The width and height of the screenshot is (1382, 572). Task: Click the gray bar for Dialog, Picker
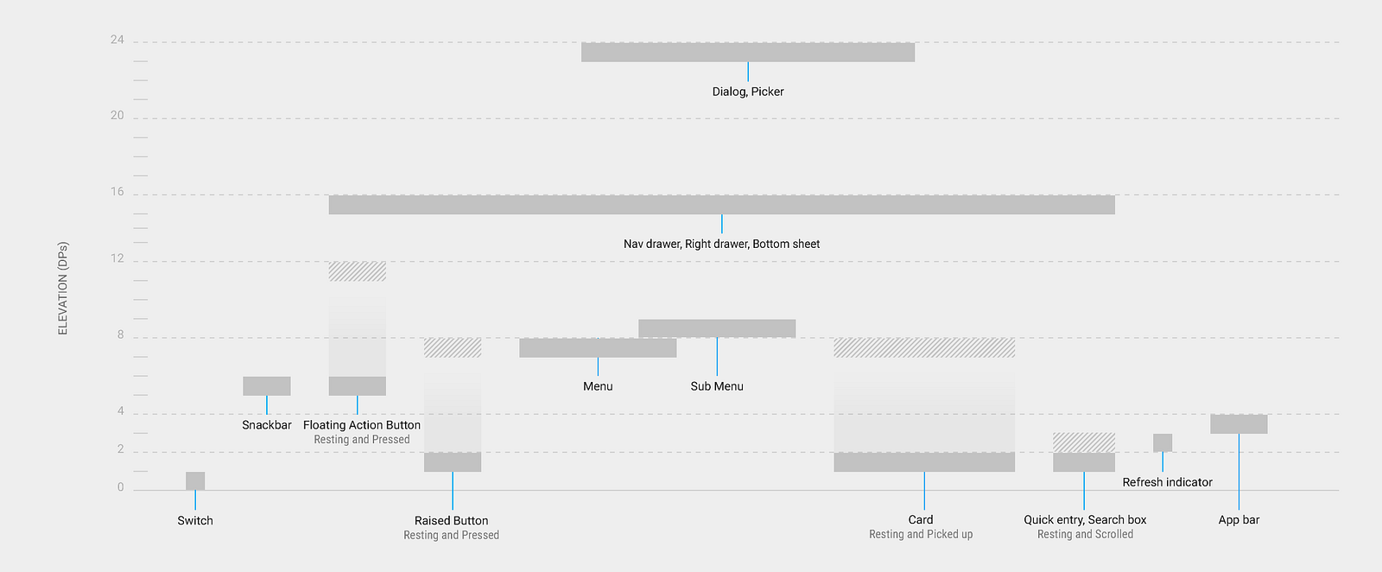[x=748, y=53]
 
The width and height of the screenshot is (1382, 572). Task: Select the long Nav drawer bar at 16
[x=722, y=205]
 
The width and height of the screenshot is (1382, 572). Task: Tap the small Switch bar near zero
[x=195, y=481]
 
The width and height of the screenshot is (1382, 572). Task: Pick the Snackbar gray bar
[x=267, y=385]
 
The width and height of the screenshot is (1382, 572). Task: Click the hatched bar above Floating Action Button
[x=358, y=271]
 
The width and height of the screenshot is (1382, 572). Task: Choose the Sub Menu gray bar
[x=717, y=328]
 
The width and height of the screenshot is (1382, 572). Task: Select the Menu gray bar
[x=598, y=348]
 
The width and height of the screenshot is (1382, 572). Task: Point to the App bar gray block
[x=1239, y=424]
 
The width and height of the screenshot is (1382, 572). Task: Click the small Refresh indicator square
[x=1163, y=443]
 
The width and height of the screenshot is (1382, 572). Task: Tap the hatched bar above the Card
[x=924, y=348]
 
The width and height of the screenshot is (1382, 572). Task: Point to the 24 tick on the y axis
[x=117, y=40]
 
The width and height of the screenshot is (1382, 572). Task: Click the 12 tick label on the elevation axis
[x=117, y=258]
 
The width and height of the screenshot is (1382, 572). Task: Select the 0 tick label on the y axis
[x=120, y=487]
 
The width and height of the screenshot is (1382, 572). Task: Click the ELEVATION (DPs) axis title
[x=62, y=288]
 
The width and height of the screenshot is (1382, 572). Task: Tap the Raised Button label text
[x=451, y=521]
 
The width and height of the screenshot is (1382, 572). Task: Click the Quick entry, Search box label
[x=1085, y=519]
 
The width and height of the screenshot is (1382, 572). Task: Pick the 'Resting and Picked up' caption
[x=921, y=534]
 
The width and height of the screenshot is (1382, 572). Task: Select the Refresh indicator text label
[x=1167, y=482]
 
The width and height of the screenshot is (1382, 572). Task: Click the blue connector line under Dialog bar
[x=748, y=72]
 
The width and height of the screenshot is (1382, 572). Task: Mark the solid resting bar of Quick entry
[x=1084, y=462]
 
